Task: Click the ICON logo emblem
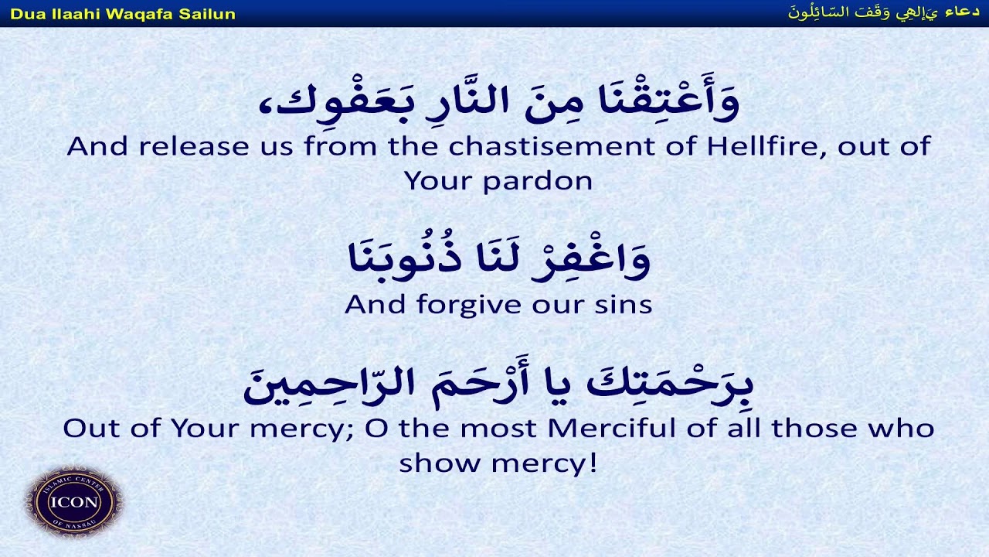tap(74, 501)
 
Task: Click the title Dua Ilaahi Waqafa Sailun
tap(123, 14)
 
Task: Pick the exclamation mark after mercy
tap(593, 463)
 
